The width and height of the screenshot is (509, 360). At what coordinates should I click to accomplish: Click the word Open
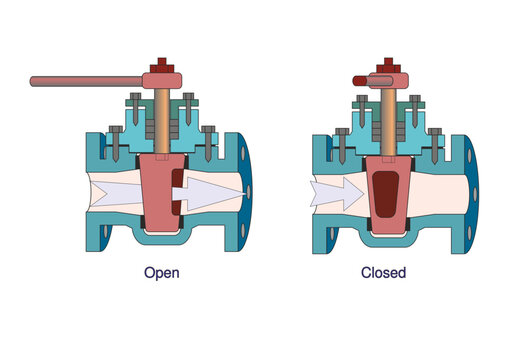(x=162, y=271)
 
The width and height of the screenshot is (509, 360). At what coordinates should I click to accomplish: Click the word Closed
(x=383, y=271)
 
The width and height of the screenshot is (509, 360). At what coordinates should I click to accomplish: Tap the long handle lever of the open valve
(x=85, y=80)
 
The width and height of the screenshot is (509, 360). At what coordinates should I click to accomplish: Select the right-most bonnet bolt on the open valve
(x=208, y=140)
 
